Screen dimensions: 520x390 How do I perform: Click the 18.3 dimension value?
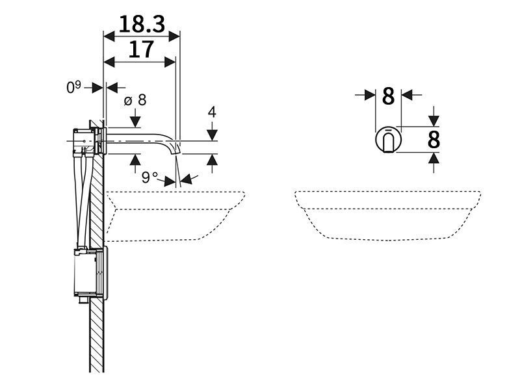coord(142,24)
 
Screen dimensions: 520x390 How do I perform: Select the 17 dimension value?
coord(141,49)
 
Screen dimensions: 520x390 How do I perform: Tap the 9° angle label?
coord(149,177)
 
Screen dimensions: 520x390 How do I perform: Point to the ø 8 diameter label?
coord(135,100)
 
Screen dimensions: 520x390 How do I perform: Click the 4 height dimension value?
coord(212,112)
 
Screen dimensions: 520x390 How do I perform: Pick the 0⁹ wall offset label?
coord(73,87)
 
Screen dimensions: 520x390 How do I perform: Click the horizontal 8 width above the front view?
coord(388,96)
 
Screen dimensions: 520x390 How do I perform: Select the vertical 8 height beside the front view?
coord(434,140)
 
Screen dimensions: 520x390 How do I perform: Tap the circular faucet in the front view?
coord(388,140)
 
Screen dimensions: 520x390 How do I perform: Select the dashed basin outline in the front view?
coord(387,216)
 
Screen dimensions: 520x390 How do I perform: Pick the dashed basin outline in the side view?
coord(175,216)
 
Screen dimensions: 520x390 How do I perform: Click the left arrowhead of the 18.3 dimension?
coord(109,36)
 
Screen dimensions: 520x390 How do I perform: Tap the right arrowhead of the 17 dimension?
coord(170,62)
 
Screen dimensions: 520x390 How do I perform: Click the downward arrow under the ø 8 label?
coord(135,118)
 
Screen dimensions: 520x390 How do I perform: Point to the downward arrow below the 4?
coord(213,131)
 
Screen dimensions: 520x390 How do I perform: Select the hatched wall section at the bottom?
coord(97,335)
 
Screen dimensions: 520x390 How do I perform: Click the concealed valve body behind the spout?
coord(84,142)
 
